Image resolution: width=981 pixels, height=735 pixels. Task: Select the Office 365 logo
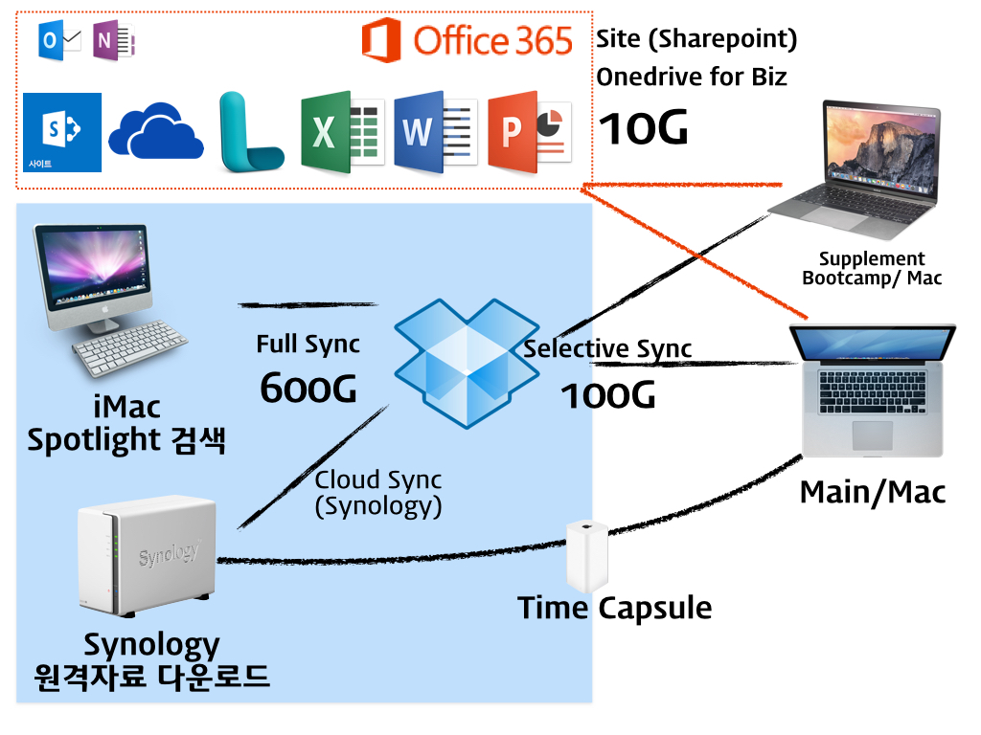point(467,41)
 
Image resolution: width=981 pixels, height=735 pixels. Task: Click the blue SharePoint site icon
point(61,132)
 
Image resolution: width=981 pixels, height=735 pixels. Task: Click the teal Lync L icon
point(248,133)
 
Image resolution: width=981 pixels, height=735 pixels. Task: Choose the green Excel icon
point(341,133)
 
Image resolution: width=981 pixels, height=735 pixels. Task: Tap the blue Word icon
point(434,133)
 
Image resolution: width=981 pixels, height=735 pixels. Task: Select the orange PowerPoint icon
point(528,133)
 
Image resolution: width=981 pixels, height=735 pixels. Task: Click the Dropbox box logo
point(467,363)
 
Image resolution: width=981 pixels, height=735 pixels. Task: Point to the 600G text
point(308,388)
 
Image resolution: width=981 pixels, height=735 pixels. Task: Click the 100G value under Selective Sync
point(607,395)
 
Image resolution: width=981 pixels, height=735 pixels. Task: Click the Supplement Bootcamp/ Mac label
point(872,269)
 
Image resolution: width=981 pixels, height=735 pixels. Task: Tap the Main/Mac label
point(872,492)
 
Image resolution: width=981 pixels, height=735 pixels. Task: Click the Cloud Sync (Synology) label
point(378,492)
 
